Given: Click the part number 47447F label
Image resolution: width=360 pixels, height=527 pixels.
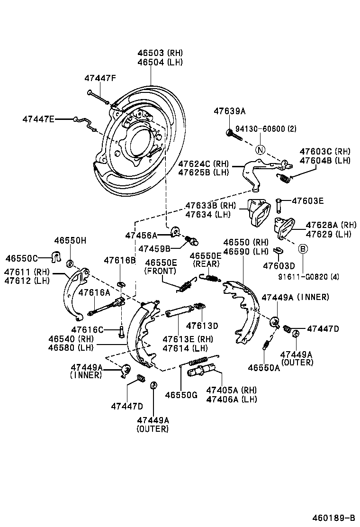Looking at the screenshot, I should coord(100,78).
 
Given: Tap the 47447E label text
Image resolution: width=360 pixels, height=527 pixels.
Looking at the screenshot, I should coord(38,119).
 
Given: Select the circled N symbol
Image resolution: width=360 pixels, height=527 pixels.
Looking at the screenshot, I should coord(260,150).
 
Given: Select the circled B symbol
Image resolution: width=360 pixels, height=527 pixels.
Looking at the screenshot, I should coord(303,248).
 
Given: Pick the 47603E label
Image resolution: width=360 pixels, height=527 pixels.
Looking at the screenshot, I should coord(307,201).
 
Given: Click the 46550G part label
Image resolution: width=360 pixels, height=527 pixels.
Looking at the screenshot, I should coord(181,395).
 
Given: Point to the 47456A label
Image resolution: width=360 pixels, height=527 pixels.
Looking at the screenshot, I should coord(141,235).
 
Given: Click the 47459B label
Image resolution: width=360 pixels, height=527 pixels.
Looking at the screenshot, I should coord(154,248).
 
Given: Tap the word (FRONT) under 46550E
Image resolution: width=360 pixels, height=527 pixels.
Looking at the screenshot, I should coord(161,271).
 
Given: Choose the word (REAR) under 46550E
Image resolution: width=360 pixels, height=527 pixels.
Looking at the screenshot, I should coord(206,263).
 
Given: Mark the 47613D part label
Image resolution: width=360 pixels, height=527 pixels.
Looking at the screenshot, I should coord(202,326).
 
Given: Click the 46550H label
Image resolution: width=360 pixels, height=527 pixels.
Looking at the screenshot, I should coord(70,241).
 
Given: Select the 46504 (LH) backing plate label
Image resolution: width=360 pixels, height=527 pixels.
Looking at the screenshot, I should coord(160,62).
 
